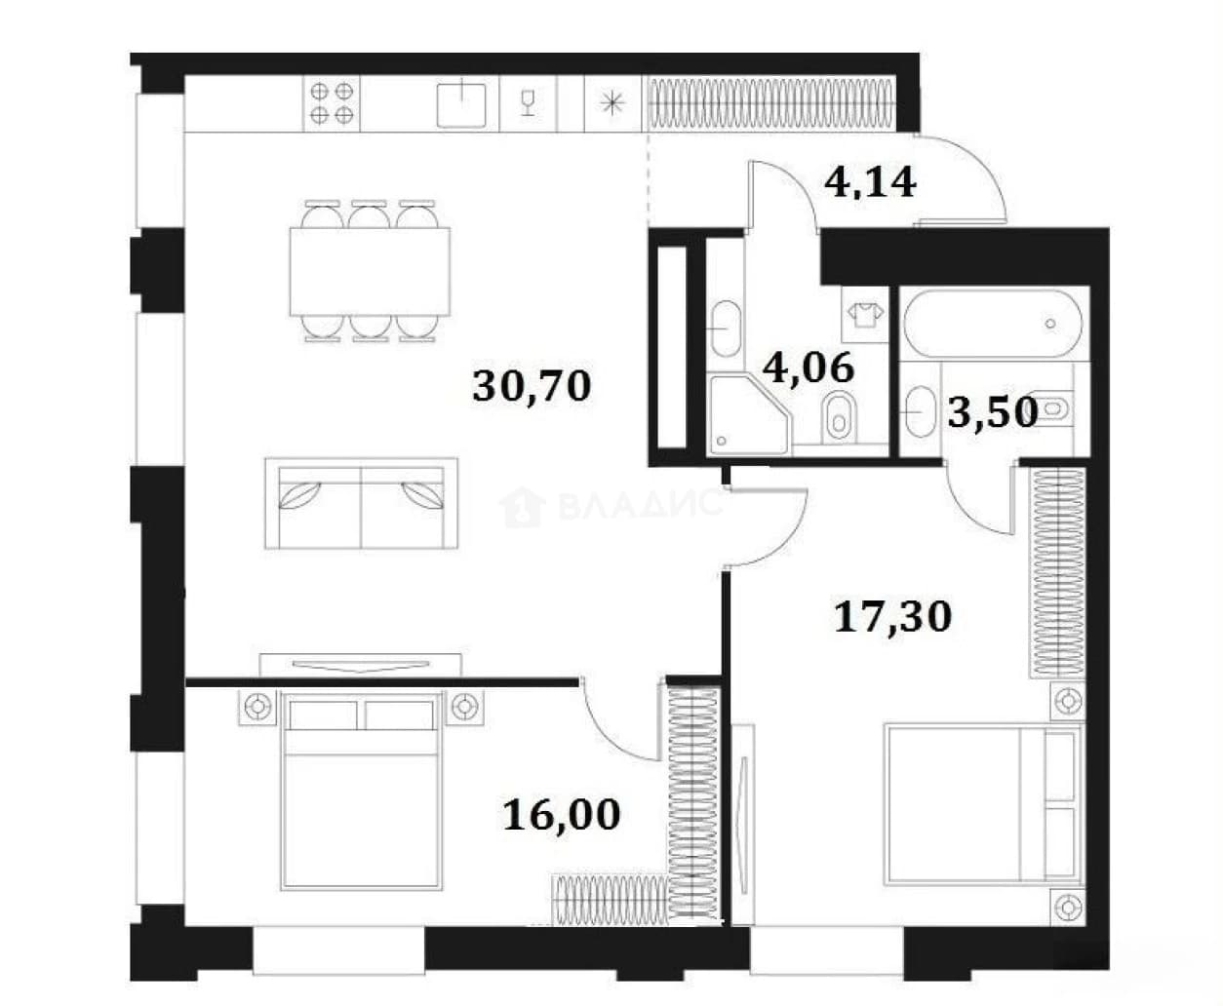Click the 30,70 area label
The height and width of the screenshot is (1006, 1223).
(532, 387)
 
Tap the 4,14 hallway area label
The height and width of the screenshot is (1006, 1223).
(870, 182)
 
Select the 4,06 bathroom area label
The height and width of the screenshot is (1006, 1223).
(809, 367)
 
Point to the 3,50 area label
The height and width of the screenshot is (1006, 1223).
(993, 411)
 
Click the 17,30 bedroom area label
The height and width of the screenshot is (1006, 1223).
(893, 616)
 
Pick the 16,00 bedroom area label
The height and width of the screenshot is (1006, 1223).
(562, 815)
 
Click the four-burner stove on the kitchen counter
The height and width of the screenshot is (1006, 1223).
(332, 103)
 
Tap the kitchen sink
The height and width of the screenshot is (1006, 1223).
(461, 104)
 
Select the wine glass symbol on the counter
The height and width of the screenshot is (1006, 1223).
(528, 103)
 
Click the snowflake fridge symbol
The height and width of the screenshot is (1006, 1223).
(612, 104)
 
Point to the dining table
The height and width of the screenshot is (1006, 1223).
(370, 272)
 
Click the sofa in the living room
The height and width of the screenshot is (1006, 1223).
(361, 503)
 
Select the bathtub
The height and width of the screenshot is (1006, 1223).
(993, 324)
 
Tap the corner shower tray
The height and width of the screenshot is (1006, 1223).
(749, 415)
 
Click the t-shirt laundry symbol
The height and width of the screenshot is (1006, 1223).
(865, 316)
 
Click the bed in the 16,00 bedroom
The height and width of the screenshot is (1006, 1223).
(361, 791)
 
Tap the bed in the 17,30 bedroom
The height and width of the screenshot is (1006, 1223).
(983, 804)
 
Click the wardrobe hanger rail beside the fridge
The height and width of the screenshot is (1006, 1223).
(770, 104)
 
